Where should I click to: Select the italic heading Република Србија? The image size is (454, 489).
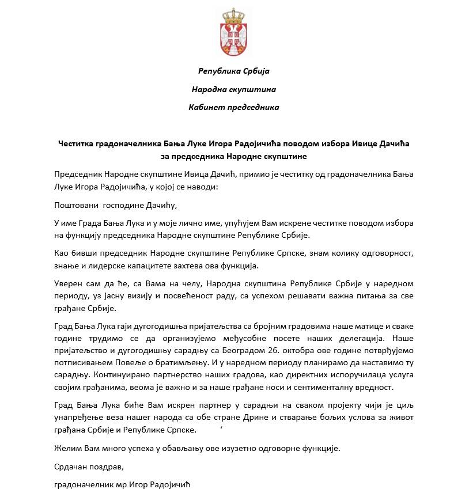[234, 71]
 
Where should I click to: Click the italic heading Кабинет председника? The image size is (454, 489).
[234, 107]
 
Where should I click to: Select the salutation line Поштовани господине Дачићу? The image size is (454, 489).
[115, 205]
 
